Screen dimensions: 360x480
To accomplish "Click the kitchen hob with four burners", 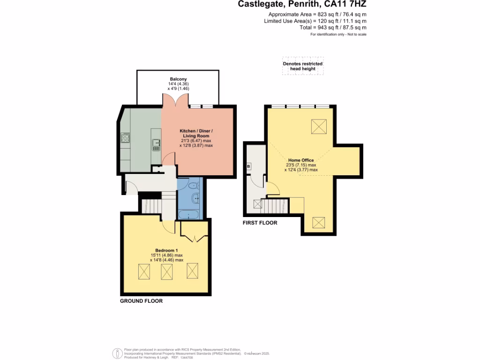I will (126, 138).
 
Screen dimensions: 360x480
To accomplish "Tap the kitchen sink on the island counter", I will (156, 144).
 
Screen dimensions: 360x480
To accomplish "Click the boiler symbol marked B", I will (248, 166).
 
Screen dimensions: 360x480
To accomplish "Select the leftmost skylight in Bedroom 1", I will (143, 272).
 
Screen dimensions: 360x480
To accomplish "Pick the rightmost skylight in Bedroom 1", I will (193, 271).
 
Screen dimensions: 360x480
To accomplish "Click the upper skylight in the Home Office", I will (319, 126).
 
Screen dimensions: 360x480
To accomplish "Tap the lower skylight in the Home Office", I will (320, 223).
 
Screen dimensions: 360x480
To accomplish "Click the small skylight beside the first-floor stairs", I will (257, 204).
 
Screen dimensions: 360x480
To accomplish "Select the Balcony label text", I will (178, 79).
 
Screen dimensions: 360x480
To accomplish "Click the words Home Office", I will (300, 160).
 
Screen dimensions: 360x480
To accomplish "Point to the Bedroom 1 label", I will (166, 250).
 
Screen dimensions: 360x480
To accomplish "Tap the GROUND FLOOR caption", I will (141, 301).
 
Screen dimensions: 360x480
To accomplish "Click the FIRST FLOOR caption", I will (260, 223).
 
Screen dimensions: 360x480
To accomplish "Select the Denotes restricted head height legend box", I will (302, 66).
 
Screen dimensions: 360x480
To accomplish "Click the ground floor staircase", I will (151, 205).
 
